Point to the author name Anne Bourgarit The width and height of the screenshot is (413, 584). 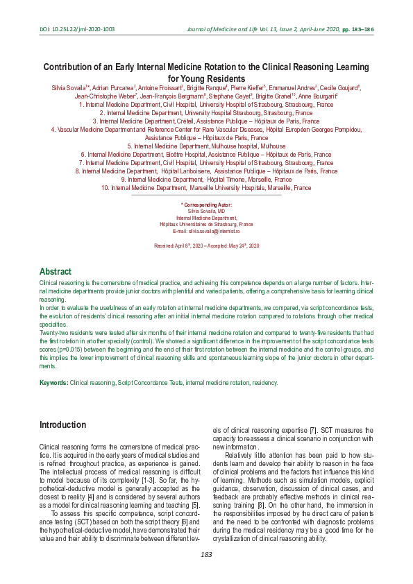[x=317, y=96]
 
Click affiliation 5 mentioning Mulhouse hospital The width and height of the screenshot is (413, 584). [x=206, y=146]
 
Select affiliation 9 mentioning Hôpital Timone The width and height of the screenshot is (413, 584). [x=206, y=179]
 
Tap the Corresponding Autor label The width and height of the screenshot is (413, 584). [x=208, y=205]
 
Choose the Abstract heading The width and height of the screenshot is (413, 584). [x=56, y=272]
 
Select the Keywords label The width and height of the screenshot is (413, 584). [x=53, y=383]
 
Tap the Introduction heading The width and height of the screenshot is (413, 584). [x=63, y=424]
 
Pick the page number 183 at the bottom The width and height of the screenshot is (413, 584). [x=206, y=554]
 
